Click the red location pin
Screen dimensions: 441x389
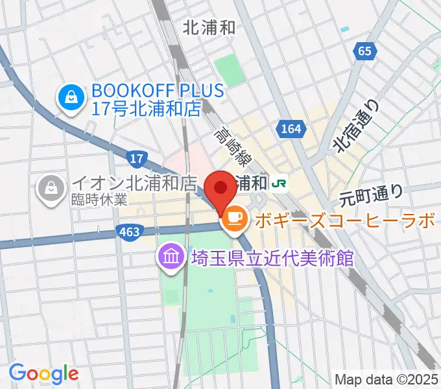pos(220,190)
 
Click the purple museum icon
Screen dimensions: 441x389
pos(171,257)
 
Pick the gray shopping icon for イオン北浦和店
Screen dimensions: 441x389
pos(49,189)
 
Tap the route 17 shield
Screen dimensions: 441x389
pos(135,158)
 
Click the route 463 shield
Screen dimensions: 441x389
pos(126,231)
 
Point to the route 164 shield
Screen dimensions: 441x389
pos(292,129)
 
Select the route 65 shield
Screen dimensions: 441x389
pos(365,51)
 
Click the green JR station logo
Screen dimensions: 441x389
pos(280,183)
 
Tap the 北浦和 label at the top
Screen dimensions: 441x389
pos(209,28)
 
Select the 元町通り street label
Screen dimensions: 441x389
pos(372,193)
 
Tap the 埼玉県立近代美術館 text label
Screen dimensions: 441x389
pos(272,257)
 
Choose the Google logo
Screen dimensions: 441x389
pos(43,373)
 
